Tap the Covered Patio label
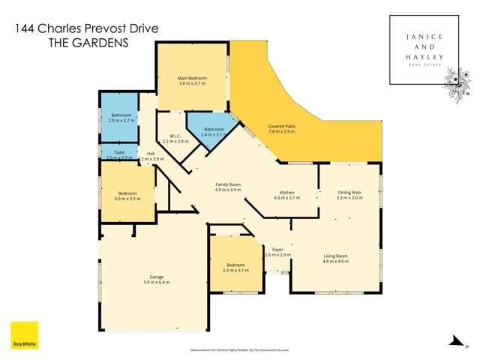click(x=281, y=128)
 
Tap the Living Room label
click(x=336, y=259)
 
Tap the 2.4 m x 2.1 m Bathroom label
click(x=214, y=132)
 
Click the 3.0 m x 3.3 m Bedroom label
click(x=127, y=196)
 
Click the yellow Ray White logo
click(x=24, y=336)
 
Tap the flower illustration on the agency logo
click(x=456, y=80)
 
